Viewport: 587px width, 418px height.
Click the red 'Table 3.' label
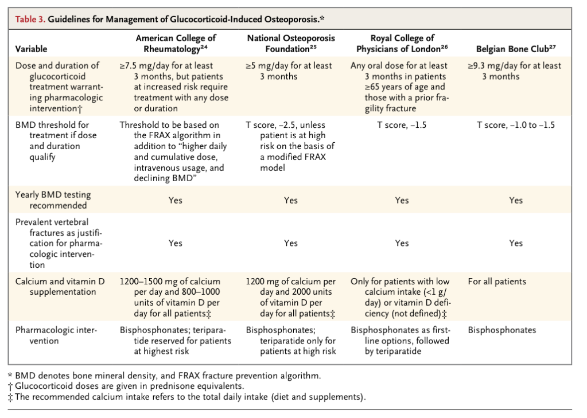click(x=30, y=19)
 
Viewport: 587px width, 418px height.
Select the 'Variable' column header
click(x=31, y=49)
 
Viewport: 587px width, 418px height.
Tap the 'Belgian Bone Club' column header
click(x=516, y=49)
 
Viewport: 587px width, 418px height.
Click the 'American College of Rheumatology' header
click(x=176, y=44)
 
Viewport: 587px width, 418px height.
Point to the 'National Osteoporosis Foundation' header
click(x=291, y=44)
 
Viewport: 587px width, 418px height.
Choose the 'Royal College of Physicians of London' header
click(x=402, y=44)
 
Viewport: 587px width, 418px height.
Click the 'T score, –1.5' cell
click(x=402, y=125)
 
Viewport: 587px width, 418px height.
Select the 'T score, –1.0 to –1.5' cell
click(x=516, y=125)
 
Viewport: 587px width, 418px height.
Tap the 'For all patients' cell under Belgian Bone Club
click(x=497, y=282)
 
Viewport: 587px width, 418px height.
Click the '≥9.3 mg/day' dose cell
click(x=514, y=71)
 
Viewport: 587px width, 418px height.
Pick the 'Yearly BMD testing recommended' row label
click(x=53, y=200)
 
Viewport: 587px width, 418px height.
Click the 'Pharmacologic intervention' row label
click(x=56, y=335)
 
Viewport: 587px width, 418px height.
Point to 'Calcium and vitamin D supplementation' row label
click(x=60, y=287)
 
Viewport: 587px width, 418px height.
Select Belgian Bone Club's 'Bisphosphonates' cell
click(x=502, y=330)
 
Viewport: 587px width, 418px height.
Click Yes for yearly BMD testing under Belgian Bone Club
click(x=516, y=200)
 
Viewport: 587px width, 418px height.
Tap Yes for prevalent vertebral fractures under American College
click(x=175, y=243)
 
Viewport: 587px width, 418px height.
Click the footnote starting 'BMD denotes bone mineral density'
click(x=164, y=376)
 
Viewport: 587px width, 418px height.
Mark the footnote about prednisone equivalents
click(x=126, y=386)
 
